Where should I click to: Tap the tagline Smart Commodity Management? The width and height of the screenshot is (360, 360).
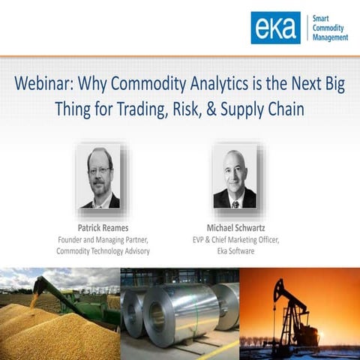coord(329,28)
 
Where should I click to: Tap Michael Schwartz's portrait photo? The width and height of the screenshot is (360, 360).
coord(234,177)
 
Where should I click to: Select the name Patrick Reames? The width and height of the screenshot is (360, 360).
coord(102,227)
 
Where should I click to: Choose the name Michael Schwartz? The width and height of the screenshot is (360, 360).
coord(235,227)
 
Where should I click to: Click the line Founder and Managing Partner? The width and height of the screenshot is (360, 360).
coord(103,239)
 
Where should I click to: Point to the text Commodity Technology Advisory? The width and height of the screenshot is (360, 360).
coord(103,251)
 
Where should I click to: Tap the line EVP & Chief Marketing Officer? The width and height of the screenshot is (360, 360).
coord(235,239)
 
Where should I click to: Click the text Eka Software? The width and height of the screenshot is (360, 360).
coord(235,251)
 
